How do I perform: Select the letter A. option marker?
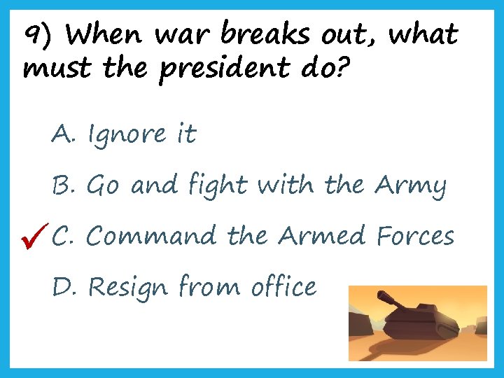point(63,133)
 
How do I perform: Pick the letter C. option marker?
point(64,236)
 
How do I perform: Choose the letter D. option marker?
point(64,286)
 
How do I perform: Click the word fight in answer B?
point(217,185)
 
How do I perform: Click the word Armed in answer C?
point(321,236)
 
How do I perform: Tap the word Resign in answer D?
point(129,288)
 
